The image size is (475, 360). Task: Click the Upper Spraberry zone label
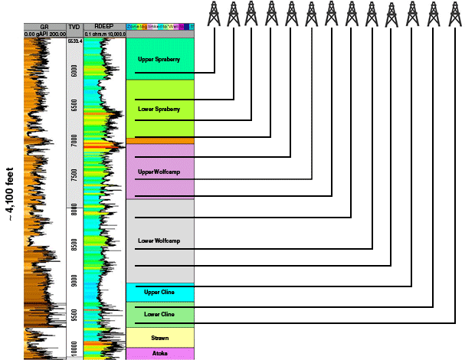pos(158,58)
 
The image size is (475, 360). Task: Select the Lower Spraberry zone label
pos(159,109)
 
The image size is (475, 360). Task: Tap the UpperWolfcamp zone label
pos(156,172)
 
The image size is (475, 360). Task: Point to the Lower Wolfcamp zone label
pos(158,241)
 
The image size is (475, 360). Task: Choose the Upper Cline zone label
pos(159,292)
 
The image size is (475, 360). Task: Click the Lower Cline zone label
pos(159,314)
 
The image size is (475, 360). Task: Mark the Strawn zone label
pos(160,337)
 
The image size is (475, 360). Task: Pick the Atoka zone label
pos(160,353)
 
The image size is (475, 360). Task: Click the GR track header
pos(44,26)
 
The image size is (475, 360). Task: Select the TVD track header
pos(74,26)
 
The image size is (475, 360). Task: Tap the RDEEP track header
pos(103,26)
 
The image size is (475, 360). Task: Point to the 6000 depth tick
pos(74,70)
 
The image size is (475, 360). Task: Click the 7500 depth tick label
pos(74,175)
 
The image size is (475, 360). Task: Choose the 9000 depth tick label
pos(74,280)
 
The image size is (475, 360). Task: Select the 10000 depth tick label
pos(74,349)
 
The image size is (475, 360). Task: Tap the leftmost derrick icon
pos(215,14)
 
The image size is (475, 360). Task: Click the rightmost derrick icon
pos(455,14)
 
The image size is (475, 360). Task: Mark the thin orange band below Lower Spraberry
pos(160,141)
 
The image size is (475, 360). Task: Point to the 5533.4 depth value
pos(74,41)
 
